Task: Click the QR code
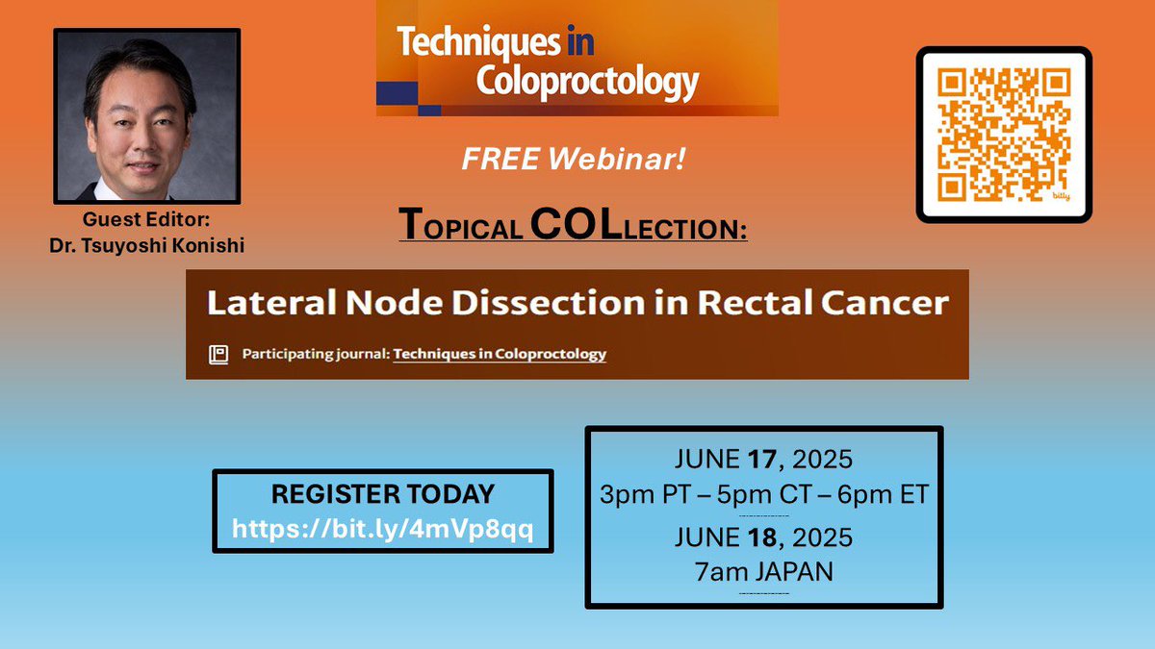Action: click(1004, 135)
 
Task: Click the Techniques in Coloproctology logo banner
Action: click(577, 60)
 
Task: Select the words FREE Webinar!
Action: click(574, 160)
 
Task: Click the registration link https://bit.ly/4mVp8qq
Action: click(382, 527)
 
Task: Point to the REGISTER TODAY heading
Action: click(382, 495)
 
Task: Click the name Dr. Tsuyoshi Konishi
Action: click(147, 245)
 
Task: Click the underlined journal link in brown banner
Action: click(500, 354)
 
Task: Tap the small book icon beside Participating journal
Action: click(218, 354)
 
